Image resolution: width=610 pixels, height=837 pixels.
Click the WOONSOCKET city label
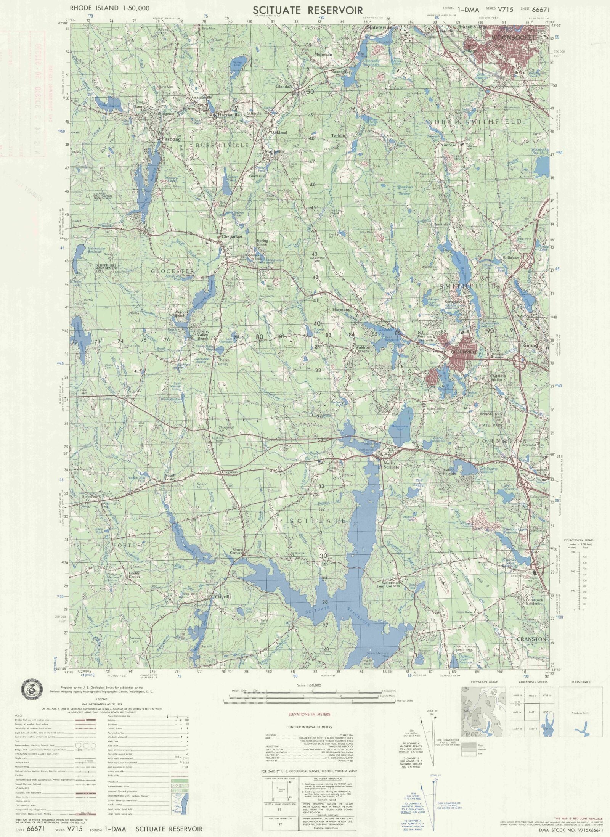pos(514,38)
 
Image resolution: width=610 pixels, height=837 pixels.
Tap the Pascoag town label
pos(170,139)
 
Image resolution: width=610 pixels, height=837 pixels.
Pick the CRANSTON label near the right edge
pos(531,639)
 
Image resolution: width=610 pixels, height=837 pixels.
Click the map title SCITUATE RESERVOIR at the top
pos(308,10)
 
